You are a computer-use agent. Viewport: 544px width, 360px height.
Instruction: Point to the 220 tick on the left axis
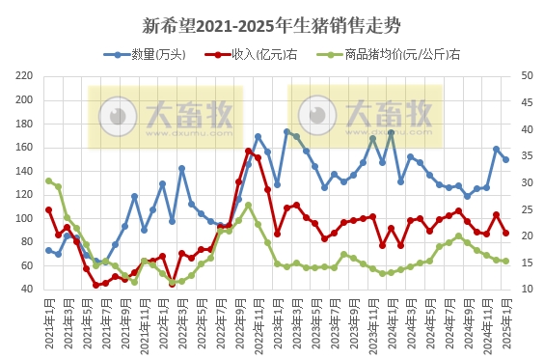[x=25, y=76]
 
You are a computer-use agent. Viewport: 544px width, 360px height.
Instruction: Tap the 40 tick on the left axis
[x=28, y=290]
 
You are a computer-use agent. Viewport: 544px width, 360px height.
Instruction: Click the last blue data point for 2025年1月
[x=505, y=159]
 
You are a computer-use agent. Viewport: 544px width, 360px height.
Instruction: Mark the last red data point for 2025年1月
[x=505, y=233]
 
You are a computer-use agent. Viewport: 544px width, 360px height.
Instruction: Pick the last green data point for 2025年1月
[x=505, y=261]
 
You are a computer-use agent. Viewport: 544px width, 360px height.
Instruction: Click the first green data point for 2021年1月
[x=48, y=180]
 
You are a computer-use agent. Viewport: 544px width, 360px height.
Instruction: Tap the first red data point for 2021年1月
[x=48, y=209]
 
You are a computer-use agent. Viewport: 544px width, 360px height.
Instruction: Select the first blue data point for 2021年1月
[x=48, y=250]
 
